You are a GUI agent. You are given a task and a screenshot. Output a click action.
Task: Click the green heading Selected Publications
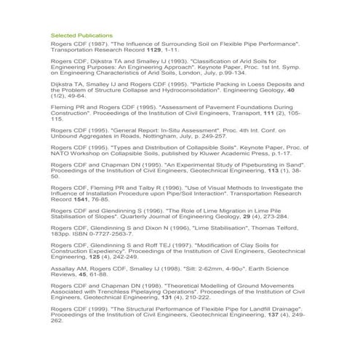point(81,35)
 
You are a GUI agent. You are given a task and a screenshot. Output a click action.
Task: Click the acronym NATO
point(61,155)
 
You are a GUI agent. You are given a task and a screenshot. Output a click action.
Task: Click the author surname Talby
point(140,190)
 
